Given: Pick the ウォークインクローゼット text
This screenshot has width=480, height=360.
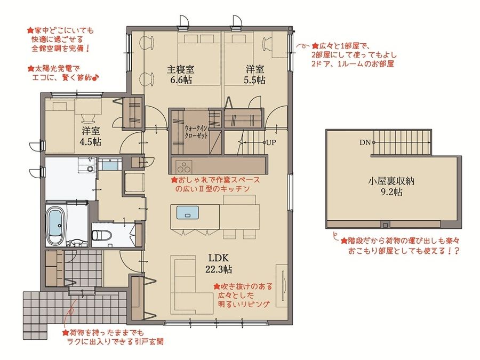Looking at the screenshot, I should tap(195, 132).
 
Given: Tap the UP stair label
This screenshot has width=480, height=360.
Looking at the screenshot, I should tap(271, 143).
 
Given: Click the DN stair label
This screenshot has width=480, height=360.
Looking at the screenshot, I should tap(365, 143).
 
